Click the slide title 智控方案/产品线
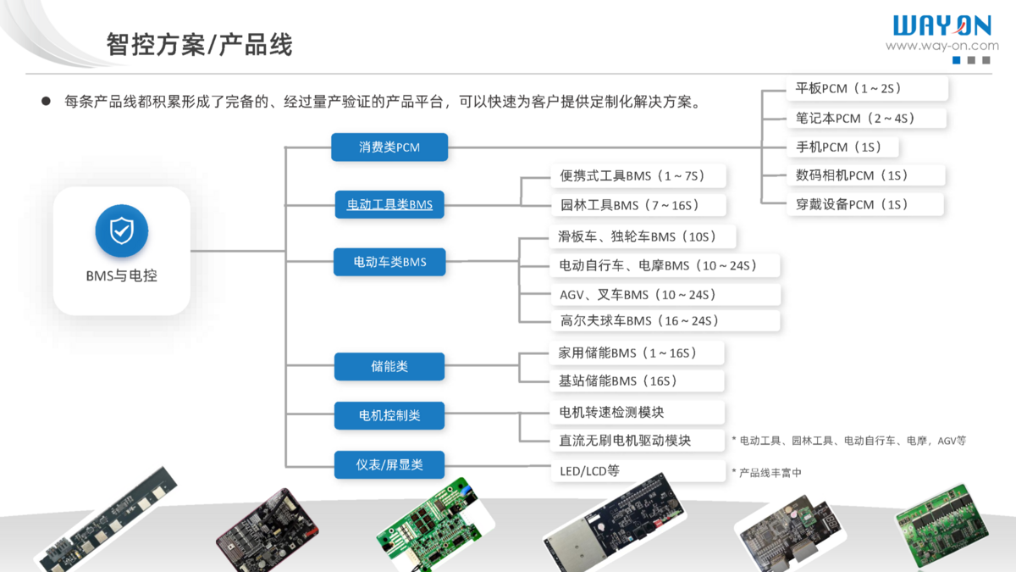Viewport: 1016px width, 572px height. click(x=200, y=44)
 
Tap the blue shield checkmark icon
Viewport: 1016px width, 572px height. click(x=122, y=230)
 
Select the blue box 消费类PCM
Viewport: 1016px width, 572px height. click(x=389, y=147)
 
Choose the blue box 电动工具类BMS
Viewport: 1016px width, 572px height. click(x=389, y=204)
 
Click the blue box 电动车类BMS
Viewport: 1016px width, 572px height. click(x=389, y=262)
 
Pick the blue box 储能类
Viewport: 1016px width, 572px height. click(x=389, y=366)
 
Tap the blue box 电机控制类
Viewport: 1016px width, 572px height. click(x=389, y=415)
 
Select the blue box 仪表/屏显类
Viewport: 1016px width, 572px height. click(x=389, y=464)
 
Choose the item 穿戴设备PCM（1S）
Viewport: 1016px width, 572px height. click(x=852, y=204)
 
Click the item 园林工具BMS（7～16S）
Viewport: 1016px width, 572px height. click(x=629, y=205)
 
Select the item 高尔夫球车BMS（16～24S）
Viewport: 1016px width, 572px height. click(x=639, y=320)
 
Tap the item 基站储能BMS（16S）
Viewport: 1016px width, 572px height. click(x=618, y=380)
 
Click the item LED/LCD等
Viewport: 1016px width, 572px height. click(x=589, y=470)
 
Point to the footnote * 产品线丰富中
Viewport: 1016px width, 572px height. click(x=766, y=473)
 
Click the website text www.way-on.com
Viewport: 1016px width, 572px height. click(x=941, y=46)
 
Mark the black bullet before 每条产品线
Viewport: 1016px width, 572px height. click(x=47, y=102)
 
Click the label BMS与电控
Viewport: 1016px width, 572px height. click(x=122, y=275)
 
